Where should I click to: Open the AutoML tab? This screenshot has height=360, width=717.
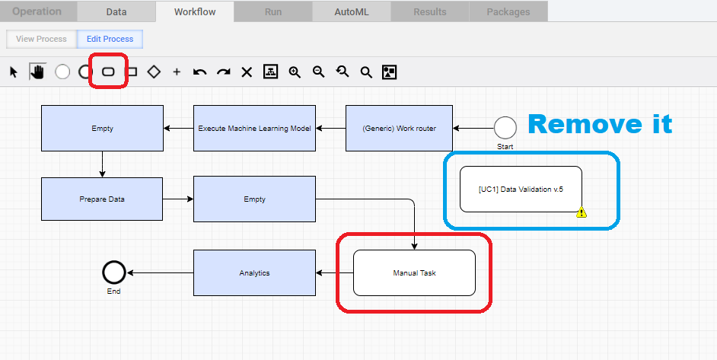352,12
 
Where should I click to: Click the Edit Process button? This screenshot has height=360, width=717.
110,39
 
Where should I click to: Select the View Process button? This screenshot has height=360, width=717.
42,39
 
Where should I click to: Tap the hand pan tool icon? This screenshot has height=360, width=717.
37,72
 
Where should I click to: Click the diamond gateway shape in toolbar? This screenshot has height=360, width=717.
154,72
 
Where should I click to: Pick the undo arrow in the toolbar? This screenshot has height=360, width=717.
199,72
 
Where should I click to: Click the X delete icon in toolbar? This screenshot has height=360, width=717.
247,72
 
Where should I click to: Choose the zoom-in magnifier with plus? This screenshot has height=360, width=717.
295,72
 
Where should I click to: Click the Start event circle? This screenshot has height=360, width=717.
505,128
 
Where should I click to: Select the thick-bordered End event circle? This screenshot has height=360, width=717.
114,272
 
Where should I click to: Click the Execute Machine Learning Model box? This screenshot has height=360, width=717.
254,128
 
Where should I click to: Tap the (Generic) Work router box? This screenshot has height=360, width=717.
399,128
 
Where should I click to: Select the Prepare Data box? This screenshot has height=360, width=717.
102,199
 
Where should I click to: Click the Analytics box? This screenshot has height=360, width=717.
254,272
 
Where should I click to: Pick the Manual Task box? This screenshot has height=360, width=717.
414,272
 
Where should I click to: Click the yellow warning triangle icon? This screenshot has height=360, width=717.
582,212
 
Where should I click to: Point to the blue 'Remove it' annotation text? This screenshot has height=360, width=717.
600,123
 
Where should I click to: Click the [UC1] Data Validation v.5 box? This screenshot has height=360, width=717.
521,189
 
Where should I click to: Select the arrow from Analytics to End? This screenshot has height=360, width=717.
160,272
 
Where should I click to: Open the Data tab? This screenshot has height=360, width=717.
116,12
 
